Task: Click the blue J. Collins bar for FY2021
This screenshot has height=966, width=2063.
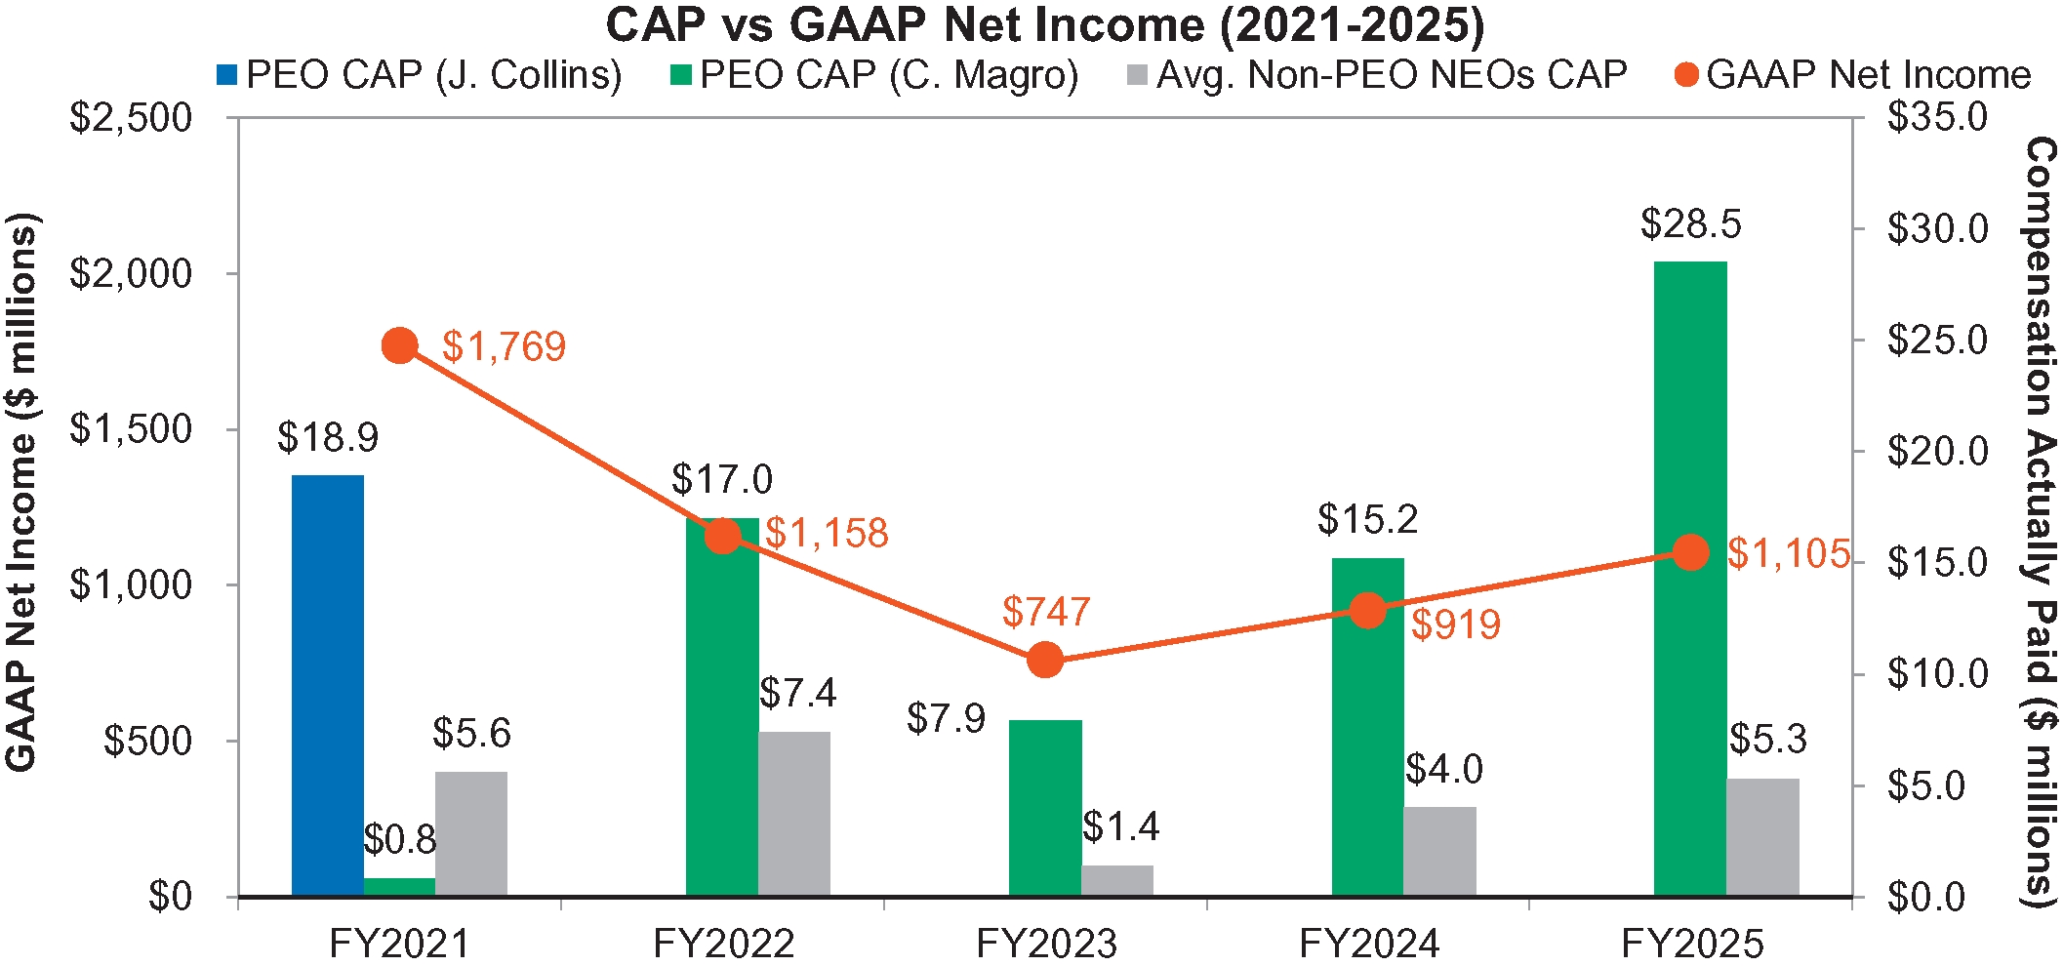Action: click(x=328, y=685)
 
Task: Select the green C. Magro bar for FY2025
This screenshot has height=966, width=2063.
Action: click(x=1690, y=578)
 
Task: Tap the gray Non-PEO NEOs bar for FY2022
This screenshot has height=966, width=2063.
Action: click(x=794, y=813)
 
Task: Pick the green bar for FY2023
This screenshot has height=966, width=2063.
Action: click(x=1045, y=807)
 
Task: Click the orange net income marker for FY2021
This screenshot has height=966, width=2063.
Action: click(x=400, y=345)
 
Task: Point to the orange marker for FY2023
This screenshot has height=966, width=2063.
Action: click(x=1045, y=660)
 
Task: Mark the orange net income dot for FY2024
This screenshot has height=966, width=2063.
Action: click(x=1368, y=611)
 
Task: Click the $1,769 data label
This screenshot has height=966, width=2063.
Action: click(x=504, y=347)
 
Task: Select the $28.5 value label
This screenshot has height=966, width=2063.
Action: click(x=1690, y=224)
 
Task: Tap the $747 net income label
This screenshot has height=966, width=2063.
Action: click(x=1045, y=612)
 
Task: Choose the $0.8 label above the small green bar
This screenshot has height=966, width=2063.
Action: click(x=400, y=839)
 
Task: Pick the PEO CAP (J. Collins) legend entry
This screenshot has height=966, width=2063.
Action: click(x=420, y=75)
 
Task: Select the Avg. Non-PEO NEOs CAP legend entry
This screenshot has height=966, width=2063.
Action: click(x=1376, y=75)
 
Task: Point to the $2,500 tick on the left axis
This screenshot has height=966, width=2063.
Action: click(x=131, y=118)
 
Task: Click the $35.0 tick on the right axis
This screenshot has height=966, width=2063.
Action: click(x=1937, y=118)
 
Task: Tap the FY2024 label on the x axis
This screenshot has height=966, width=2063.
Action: click(x=1368, y=944)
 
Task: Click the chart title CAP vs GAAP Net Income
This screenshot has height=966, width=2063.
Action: click(x=1044, y=25)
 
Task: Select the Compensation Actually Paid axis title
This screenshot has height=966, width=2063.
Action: click(x=2041, y=522)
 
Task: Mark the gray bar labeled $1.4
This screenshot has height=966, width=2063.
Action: click(x=1117, y=879)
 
